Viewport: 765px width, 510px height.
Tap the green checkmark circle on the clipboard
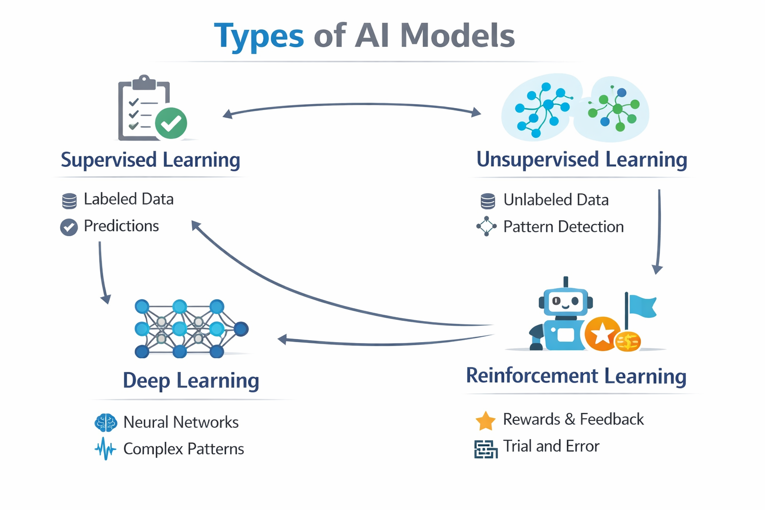click(x=171, y=123)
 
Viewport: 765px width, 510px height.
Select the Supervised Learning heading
click(x=150, y=160)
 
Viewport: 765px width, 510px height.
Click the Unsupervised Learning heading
click(x=582, y=159)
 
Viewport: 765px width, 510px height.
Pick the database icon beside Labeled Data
click(x=69, y=201)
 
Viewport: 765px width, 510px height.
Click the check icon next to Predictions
click(x=69, y=227)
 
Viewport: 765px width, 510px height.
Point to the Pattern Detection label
click(x=563, y=227)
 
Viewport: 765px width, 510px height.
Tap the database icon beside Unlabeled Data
click(x=488, y=201)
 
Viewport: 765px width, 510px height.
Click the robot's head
click(x=565, y=302)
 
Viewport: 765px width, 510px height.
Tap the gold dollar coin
click(x=628, y=342)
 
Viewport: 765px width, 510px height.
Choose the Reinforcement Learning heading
click(x=576, y=376)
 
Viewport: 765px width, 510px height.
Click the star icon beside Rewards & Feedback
click(x=485, y=421)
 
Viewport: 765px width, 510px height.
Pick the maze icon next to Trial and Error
click(x=486, y=449)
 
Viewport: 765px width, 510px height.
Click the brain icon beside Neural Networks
click(x=106, y=423)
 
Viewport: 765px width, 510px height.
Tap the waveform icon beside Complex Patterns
click(x=105, y=449)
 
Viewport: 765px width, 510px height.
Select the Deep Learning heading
click(x=191, y=381)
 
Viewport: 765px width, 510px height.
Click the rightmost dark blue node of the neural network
click(x=241, y=329)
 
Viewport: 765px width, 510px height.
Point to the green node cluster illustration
click(x=616, y=109)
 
